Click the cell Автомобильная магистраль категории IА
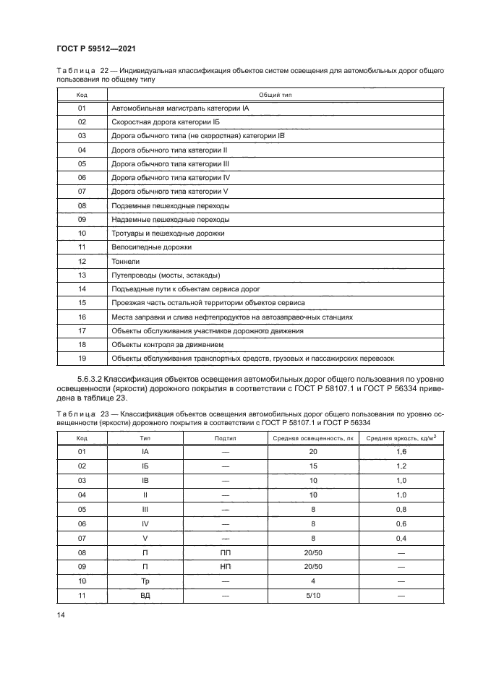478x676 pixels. click(x=179, y=108)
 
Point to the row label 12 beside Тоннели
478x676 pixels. click(x=82, y=261)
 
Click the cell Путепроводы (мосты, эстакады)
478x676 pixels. click(x=165, y=275)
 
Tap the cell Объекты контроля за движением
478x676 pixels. click(x=168, y=344)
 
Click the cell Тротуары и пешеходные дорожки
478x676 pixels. click(x=168, y=234)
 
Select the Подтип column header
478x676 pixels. click(x=226, y=438)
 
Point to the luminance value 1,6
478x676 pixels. click(x=401, y=452)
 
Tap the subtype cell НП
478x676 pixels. click(x=226, y=566)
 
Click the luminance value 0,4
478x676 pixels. click(x=401, y=537)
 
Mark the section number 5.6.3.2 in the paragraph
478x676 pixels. click(x=89, y=379)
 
